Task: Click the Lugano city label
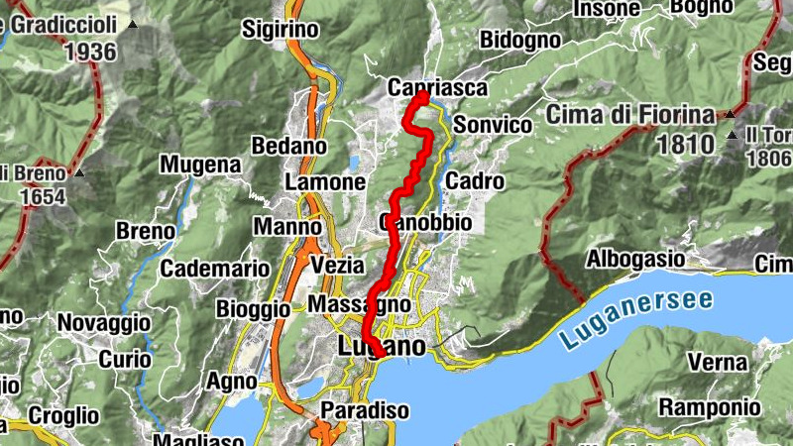382,347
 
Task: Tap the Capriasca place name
437,87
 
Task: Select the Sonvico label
494,125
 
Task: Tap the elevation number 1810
684,145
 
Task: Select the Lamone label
325,182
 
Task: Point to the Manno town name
287,227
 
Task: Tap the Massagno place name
359,303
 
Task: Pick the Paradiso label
365,410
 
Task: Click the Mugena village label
201,164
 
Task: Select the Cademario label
215,268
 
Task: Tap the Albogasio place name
635,258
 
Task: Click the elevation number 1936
89,52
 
